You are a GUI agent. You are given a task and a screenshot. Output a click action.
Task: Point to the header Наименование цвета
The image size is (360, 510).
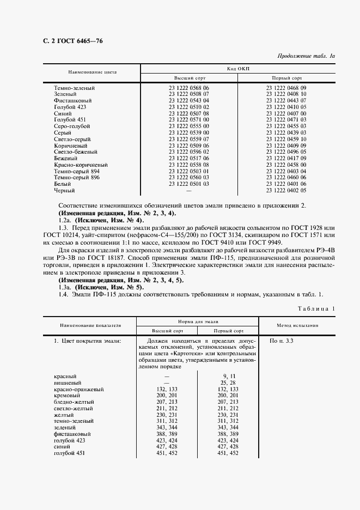coord(92,72)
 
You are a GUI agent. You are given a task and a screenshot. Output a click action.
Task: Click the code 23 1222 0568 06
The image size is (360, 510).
coord(189,88)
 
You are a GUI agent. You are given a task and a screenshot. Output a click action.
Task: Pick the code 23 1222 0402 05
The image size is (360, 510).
coord(286,191)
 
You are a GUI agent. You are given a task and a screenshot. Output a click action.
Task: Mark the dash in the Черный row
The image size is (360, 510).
coord(189,191)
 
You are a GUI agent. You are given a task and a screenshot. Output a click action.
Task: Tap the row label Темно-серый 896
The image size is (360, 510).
coord(77,178)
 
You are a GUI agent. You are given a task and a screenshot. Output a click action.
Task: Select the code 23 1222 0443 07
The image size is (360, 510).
coord(286,101)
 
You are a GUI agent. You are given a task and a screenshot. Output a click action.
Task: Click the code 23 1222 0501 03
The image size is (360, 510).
coord(189,184)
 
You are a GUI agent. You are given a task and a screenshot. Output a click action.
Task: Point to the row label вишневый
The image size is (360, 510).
coord(68,383)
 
